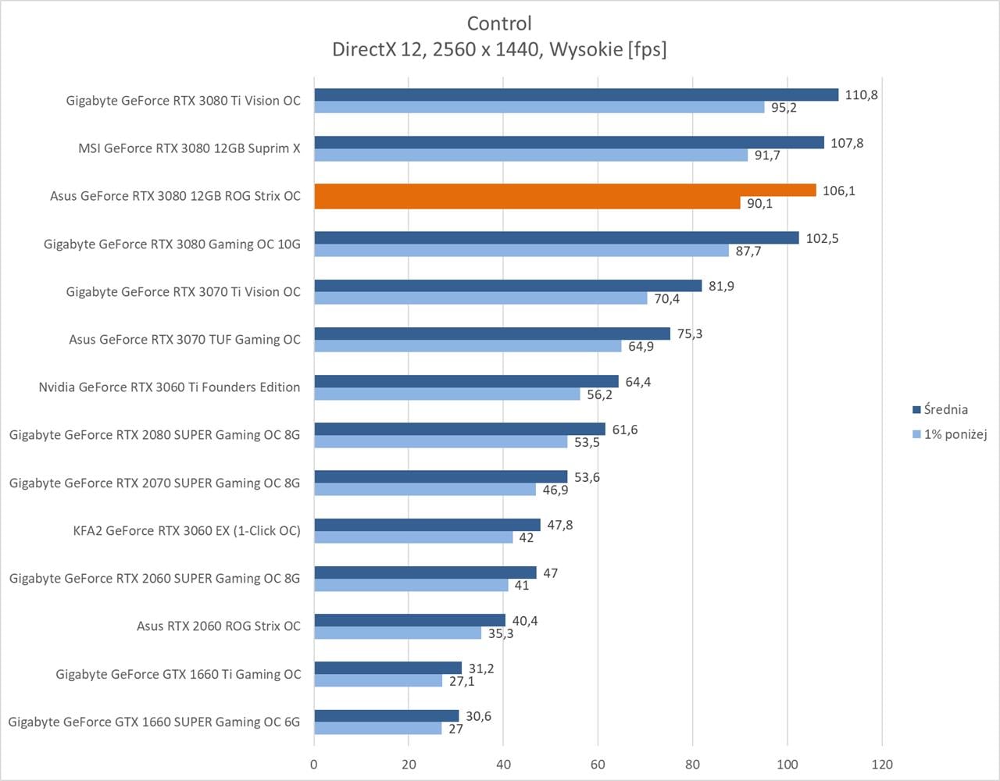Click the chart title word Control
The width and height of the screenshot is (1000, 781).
(x=499, y=23)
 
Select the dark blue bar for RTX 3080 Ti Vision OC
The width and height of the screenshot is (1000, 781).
(x=576, y=95)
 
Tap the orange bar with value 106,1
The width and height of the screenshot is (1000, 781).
(x=565, y=191)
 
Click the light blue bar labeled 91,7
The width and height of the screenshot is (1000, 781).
(x=530, y=155)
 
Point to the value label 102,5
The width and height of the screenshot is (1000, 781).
(x=822, y=238)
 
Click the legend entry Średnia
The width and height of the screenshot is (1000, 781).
(x=945, y=409)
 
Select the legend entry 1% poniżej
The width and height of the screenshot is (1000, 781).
(x=955, y=434)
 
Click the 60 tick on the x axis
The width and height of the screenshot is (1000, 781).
(x=598, y=764)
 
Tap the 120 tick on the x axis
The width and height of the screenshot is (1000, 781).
(x=882, y=764)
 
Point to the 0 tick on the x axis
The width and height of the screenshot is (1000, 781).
(x=314, y=764)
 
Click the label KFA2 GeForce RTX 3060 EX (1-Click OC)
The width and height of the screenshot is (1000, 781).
(x=187, y=531)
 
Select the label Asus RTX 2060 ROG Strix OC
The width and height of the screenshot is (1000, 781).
(x=218, y=626)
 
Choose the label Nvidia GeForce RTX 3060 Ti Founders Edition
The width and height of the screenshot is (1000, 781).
(x=170, y=387)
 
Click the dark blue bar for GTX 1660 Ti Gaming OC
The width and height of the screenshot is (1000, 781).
(x=387, y=668)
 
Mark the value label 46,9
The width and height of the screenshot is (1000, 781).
(x=555, y=490)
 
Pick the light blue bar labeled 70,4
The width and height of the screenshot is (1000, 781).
(x=480, y=298)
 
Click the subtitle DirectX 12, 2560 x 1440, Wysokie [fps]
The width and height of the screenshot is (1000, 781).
(x=499, y=49)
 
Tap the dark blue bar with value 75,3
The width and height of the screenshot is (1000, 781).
(x=492, y=333)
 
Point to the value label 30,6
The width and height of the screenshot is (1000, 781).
(x=478, y=716)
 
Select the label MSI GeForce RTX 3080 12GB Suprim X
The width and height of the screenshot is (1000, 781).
(x=189, y=148)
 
